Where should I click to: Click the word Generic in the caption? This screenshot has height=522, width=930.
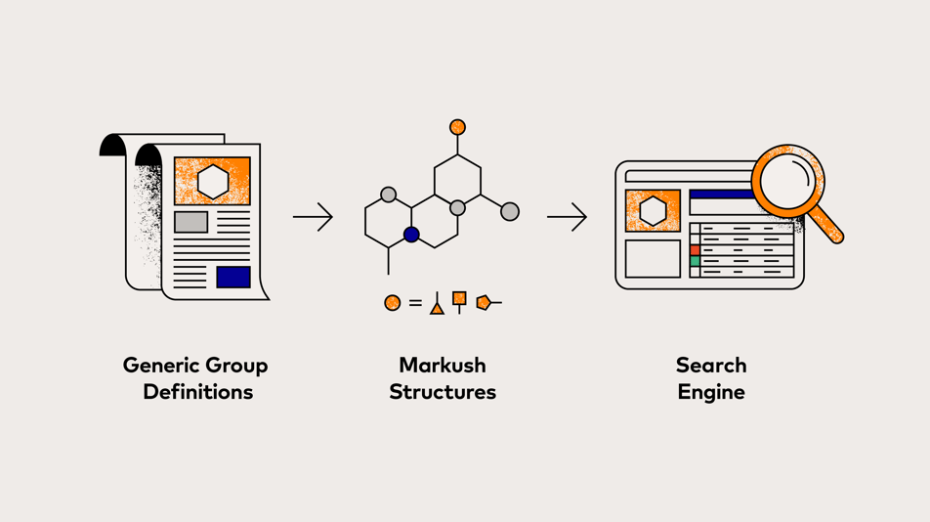(x=158, y=366)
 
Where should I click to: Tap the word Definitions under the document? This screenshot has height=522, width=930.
(x=197, y=392)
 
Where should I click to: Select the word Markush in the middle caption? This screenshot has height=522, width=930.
(x=442, y=366)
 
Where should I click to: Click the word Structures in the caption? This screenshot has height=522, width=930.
(x=442, y=392)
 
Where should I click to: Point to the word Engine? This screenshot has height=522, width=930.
(x=710, y=392)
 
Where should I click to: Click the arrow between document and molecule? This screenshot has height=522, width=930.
(x=313, y=217)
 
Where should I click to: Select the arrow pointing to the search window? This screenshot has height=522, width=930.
(x=567, y=217)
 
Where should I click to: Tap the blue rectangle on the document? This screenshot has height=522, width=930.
(x=232, y=277)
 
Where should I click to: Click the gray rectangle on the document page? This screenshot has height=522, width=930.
(x=190, y=222)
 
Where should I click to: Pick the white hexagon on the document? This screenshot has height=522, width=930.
(x=212, y=182)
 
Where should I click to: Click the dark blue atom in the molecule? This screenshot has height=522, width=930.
(x=411, y=235)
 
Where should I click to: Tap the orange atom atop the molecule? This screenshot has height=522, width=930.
(x=457, y=127)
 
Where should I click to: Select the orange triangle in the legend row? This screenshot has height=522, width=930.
(x=437, y=309)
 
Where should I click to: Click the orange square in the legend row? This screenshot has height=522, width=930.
(x=459, y=298)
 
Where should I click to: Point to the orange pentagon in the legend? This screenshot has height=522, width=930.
(x=483, y=303)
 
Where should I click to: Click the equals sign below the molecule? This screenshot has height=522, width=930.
(x=415, y=303)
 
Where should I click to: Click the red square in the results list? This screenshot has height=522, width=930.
(x=695, y=250)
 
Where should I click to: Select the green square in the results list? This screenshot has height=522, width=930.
(x=695, y=262)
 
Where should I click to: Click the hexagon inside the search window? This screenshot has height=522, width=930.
(x=653, y=210)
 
